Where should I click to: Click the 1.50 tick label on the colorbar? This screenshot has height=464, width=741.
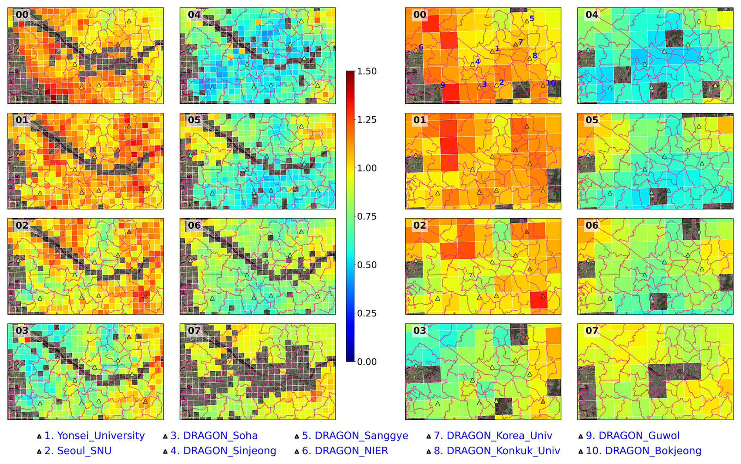click(367, 71)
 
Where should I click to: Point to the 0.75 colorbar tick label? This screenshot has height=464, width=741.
click(367, 217)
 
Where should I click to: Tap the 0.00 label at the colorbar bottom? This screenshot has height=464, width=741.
click(367, 362)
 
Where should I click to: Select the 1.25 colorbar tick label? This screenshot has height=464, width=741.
click(367, 120)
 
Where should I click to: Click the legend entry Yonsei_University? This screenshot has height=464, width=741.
click(94, 436)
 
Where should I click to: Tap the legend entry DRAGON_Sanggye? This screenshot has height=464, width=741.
click(361, 436)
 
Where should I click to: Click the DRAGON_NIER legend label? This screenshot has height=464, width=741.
click(351, 451)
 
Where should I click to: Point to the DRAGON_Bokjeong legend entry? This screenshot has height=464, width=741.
click(653, 451)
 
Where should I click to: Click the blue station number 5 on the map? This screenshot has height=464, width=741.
click(532, 18)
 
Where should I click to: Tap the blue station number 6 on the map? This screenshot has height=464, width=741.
click(421, 47)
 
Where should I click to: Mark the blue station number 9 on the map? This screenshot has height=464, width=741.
click(443, 85)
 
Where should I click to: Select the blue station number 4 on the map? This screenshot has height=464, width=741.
click(477, 61)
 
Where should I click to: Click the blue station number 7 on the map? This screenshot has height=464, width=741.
click(521, 42)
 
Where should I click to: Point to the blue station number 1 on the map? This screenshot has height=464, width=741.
click(497, 49)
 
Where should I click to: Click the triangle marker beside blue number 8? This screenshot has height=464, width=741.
click(530, 58)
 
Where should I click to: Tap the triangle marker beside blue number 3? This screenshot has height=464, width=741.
click(479, 87)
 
